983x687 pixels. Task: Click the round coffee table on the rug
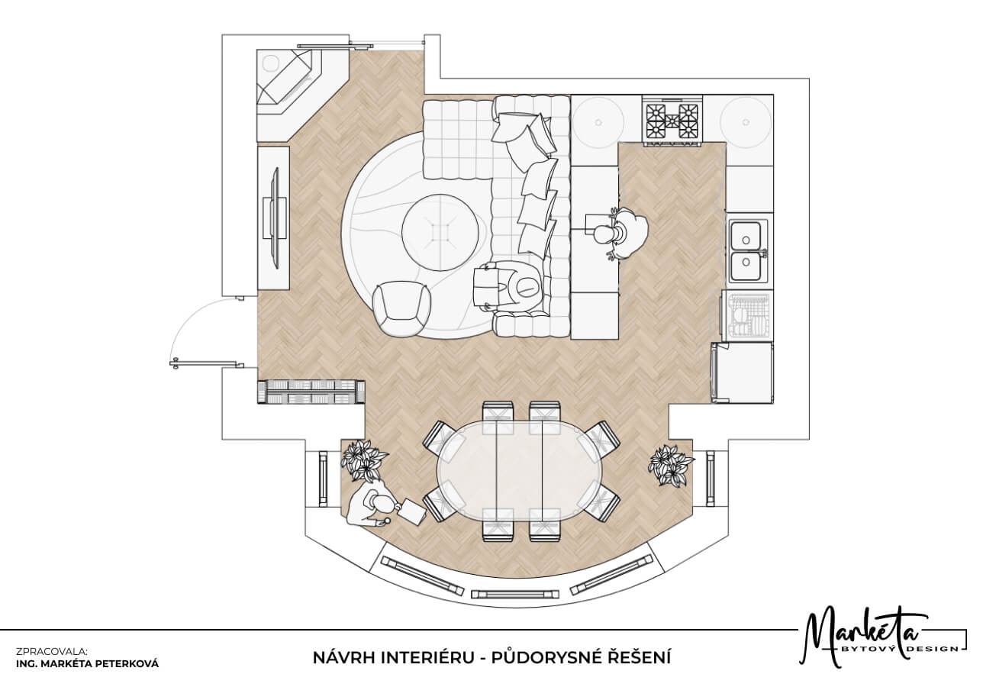440,233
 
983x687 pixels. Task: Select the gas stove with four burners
672,120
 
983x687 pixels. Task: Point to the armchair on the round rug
401,308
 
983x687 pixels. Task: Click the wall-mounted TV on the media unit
276,218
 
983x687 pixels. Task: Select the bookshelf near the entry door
311,392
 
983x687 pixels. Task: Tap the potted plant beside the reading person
364,460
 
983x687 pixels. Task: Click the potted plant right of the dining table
671,465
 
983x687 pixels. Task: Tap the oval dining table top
520,472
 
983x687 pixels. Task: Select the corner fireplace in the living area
291,82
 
